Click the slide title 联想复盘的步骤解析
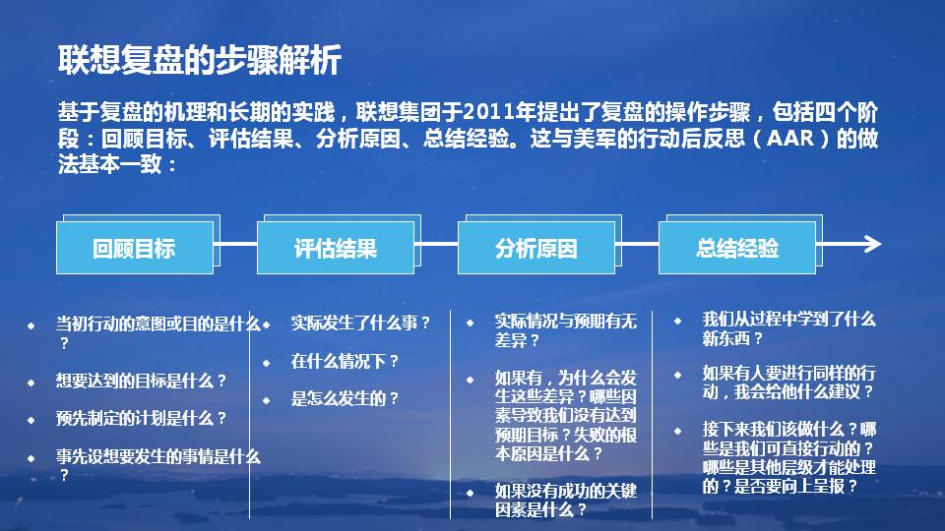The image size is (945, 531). click(200, 61)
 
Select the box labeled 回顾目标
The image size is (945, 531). click(134, 248)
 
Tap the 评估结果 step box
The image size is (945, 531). click(335, 248)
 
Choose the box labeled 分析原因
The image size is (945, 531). click(535, 248)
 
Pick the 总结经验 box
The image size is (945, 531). click(736, 248)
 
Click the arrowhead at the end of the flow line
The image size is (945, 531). click(871, 245)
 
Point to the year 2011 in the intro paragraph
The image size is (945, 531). click(489, 109)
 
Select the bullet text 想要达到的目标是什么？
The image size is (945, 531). click(142, 381)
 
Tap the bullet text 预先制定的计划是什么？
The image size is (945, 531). click(142, 418)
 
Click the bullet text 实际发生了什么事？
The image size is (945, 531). click(360, 323)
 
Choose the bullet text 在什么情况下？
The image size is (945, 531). click(345, 361)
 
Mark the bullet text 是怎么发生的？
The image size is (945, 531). click(345, 398)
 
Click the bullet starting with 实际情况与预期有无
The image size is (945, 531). click(565, 330)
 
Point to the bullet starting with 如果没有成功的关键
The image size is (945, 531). click(565, 500)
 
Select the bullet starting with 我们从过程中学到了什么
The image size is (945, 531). click(787, 328)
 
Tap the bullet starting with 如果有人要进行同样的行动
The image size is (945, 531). click(787, 383)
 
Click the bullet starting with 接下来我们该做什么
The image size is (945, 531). click(787, 457)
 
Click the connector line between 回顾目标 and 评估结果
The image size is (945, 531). click(235, 245)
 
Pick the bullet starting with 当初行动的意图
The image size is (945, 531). click(157, 331)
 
